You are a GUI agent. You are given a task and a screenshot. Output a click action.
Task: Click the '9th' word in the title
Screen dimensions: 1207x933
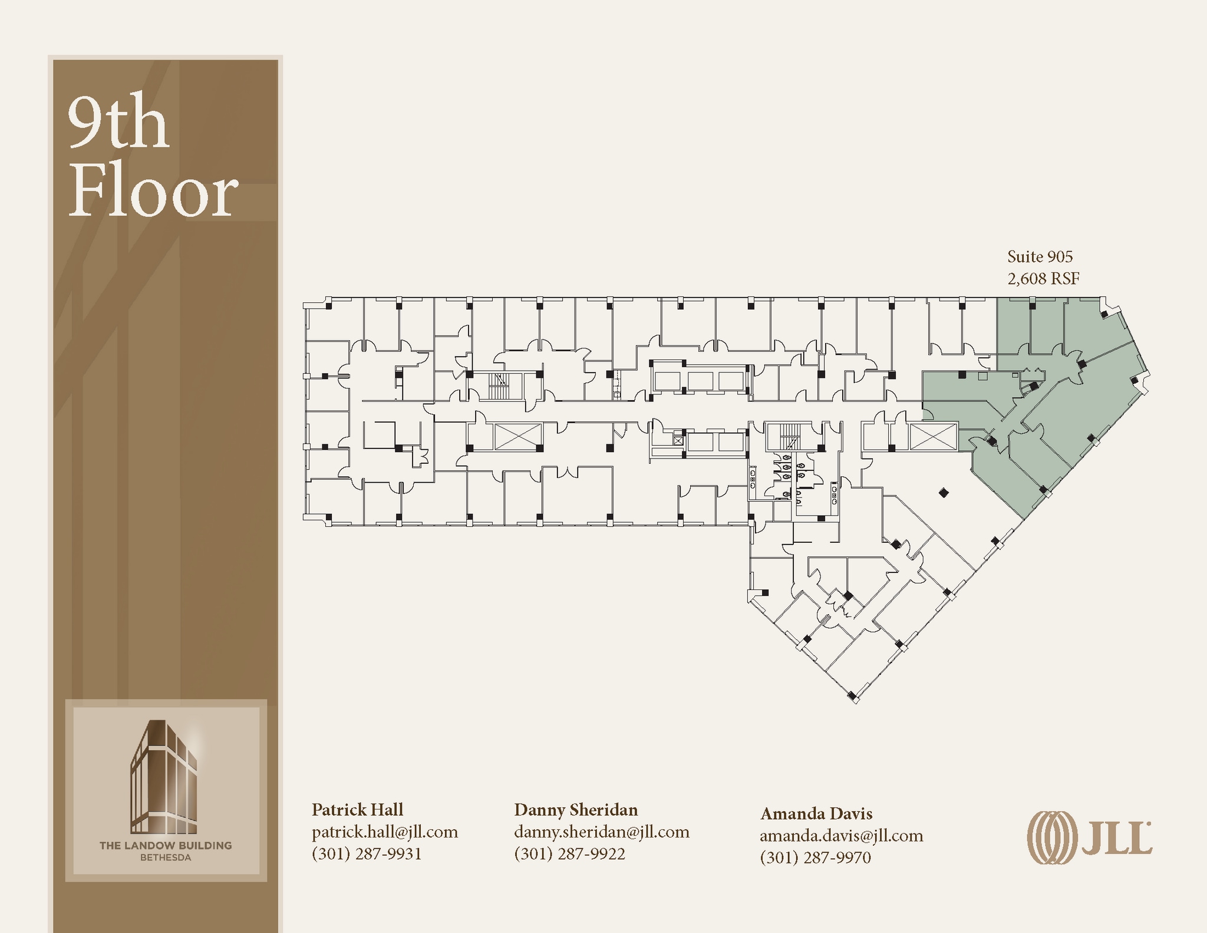click(x=118, y=123)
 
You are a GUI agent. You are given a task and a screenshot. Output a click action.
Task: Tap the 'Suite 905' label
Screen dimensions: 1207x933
click(x=1040, y=257)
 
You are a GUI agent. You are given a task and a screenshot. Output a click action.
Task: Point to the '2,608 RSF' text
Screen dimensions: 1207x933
click(x=1043, y=279)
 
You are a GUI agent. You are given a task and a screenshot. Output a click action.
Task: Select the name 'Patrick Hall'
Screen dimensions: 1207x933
click(x=357, y=809)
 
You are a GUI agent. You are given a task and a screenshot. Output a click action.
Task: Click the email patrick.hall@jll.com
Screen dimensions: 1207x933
click(x=385, y=832)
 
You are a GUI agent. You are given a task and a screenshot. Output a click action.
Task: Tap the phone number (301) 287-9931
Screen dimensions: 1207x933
click(x=367, y=854)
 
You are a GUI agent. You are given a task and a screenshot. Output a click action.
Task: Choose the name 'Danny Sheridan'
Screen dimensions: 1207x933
click(x=576, y=810)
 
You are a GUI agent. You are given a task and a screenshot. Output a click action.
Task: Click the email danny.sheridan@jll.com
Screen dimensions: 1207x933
click(x=602, y=832)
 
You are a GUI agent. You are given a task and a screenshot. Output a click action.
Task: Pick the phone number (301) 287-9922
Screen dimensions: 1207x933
click(x=569, y=854)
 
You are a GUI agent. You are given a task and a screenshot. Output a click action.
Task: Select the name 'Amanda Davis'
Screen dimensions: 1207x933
click(x=816, y=813)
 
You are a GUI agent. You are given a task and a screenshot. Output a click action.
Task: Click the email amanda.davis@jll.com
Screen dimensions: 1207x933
click(x=842, y=836)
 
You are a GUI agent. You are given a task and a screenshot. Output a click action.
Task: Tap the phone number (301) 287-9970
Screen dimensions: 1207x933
click(x=816, y=858)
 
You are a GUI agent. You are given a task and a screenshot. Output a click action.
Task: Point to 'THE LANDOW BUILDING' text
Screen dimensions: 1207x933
click(x=166, y=845)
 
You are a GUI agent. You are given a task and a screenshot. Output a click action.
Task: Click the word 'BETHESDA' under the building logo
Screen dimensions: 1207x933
click(x=166, y=858)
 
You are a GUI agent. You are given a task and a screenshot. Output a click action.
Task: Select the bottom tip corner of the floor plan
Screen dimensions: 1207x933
click(x=854, y=701)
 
